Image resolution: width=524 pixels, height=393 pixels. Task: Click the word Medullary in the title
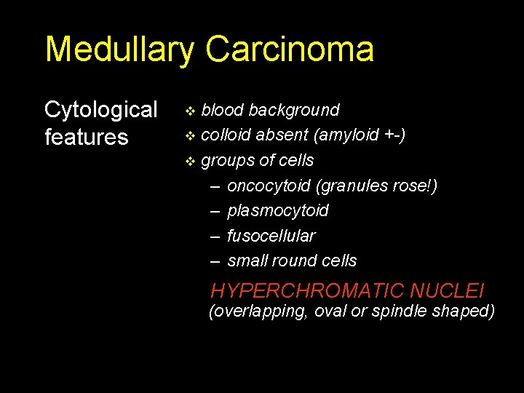pyautogui.click(x=120, y=49)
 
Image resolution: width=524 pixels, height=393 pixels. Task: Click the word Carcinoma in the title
pyautogui.click(x=290, y=49)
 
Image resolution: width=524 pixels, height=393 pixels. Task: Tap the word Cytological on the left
pyautogui.click(x=101, y=110)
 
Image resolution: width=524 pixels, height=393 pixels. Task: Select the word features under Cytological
pyautogui.click(x=87, y=137)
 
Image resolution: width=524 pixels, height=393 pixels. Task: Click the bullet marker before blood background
pyautogui.click(x=191, y=111)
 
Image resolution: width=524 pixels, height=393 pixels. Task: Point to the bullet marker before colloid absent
pyautogui.click(x=191, y=136)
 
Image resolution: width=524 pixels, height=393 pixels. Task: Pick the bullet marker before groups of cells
pyautogui.click(x=191, y=161)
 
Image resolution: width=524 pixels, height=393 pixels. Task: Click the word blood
pyautogui.click(x=223, y=110)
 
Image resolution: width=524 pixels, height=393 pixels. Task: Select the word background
pyautogui.click(x=294, y=110)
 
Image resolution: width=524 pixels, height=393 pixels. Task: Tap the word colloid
pyautogui.click(x=226, y=135)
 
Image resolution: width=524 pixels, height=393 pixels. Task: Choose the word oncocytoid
pyautogui.click(x=269, y=186)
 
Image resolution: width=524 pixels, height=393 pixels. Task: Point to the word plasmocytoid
pyautogui.click(x=278, y=210)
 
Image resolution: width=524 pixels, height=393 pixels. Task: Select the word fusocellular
pyautogui.click(x=271, y=236)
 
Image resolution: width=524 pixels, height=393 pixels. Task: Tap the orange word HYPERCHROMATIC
pyautogui.click(x=307, y=291)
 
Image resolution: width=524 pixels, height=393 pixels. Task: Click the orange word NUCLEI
pyautogui.click(x=447, y=291)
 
